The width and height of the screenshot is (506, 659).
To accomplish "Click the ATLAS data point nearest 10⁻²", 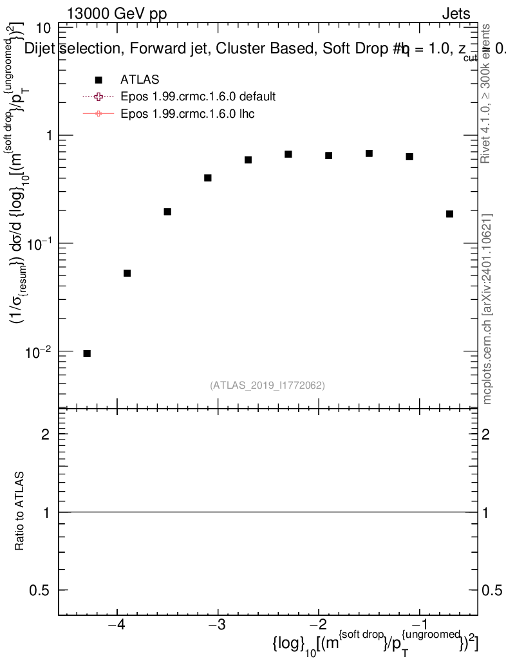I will coord(87,353).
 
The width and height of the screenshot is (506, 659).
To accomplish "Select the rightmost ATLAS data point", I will coord(449,214).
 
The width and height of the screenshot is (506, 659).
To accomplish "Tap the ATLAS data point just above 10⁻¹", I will coord(167,211).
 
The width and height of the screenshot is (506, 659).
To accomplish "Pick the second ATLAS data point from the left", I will coord(127,273).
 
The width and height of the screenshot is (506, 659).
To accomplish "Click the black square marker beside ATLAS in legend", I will coord(98,80).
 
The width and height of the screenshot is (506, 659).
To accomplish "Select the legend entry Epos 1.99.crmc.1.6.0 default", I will coord(198,97).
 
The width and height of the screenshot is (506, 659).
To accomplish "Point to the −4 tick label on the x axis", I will coord(117,627).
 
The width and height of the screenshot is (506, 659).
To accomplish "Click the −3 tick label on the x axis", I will coord(218,627).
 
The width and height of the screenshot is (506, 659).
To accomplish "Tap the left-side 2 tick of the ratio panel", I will coord(46,434).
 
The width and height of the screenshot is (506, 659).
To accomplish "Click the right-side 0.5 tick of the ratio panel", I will coord(494,590).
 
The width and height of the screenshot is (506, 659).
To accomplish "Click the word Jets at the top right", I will coord(455,14).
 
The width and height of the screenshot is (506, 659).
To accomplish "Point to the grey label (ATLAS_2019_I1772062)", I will coord(267,385).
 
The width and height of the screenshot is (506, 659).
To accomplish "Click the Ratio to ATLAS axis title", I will coord(20,512).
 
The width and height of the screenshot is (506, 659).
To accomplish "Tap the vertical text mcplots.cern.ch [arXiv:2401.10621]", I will coord(487,309).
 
